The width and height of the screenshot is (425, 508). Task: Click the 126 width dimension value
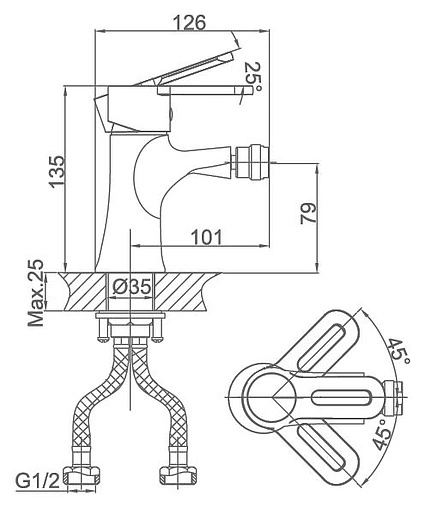(x=191, y=23)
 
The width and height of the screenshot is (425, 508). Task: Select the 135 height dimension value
(x=56, y=172)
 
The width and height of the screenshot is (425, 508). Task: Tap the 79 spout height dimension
(x=308, y=213)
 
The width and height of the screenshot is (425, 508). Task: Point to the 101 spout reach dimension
(x=207, y=237)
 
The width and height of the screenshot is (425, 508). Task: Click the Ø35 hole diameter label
(x=132, y=286)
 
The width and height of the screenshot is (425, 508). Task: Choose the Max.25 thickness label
(x=36, y=293)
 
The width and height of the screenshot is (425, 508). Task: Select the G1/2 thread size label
(x=37, y=481)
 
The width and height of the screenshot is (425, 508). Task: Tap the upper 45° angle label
(x=399, y=354)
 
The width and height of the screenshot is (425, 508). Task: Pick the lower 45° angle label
(x=382, y=434)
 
